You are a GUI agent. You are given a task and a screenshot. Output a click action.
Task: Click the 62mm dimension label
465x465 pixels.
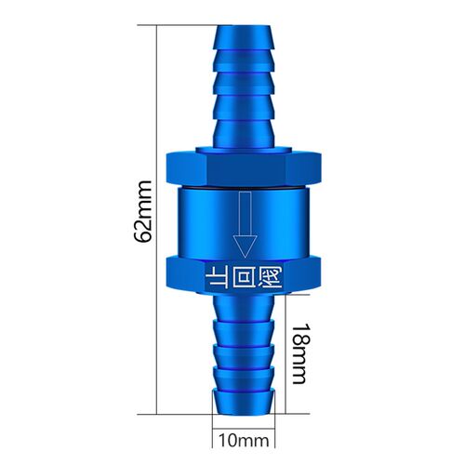143,211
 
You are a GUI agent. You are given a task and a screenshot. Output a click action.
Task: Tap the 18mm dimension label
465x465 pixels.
300,353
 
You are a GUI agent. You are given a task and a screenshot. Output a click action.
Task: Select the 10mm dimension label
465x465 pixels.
244,441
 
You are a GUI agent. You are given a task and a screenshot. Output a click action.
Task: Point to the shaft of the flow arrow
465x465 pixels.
246,214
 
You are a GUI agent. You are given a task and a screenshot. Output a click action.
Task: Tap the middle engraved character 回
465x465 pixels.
243,276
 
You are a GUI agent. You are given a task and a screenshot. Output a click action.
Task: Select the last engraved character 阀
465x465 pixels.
271,276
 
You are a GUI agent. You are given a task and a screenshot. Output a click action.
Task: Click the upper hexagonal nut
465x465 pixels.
244,169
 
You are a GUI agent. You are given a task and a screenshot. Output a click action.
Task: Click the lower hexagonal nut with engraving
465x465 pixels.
244,275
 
